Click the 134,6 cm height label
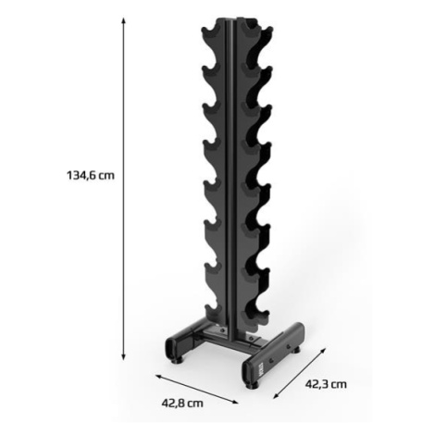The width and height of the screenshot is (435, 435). coord(91,176)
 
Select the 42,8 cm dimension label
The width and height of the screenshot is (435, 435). coord(182,404)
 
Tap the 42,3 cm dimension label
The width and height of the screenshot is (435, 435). coord(326,384)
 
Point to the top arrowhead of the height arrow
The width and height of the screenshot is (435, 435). coord(123,21)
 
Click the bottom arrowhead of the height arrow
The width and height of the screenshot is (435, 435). coord(123,356)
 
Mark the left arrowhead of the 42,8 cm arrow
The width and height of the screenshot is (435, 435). coord(159,377)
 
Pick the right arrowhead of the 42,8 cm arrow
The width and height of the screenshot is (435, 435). coord(234,402)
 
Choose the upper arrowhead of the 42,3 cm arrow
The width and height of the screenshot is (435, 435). coord(323,351)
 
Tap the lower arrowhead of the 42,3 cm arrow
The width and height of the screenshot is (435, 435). coord(277,395)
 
